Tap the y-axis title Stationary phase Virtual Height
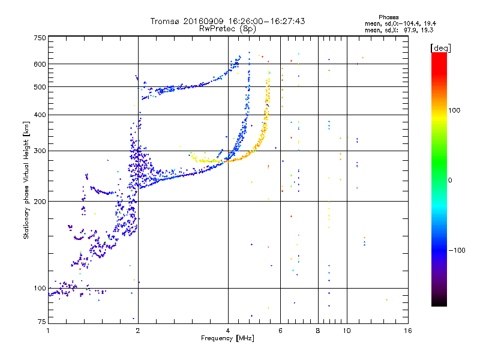coord(26,180)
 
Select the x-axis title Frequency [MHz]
coord(227,339)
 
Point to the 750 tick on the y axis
coord(40,38)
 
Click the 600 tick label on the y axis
coord(40,64)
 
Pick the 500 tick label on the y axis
coord(40,87)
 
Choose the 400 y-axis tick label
coord(40,115)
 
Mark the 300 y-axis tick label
coord(40,151)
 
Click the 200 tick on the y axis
coord(40,202)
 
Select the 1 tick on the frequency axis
coord(48,331)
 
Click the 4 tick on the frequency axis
coord(228,331)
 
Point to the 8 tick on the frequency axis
coord(318,331)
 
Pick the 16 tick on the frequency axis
coord(407,331)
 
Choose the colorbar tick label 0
coord(451,180)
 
